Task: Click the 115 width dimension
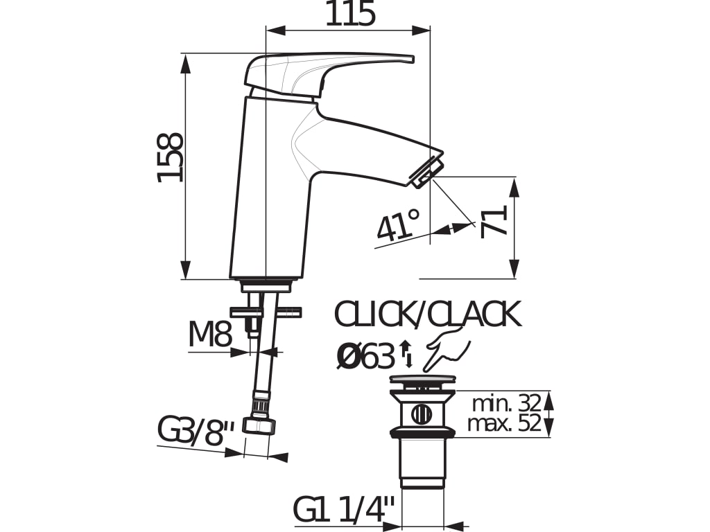pos(350,14)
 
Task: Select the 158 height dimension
pos(171,157)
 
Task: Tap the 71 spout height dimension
pos(495,221)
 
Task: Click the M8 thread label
pos(209,335)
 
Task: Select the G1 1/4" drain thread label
pos(344,511)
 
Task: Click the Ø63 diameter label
pos(365,357)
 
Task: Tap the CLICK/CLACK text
pos(427,315)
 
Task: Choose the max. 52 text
pos(504,424)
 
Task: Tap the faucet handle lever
pos(326,69)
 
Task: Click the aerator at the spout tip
pos(428,171)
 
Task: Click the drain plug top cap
pos(422,379)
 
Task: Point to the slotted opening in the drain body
pos(422,414)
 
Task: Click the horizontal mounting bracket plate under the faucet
pos(267,312)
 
